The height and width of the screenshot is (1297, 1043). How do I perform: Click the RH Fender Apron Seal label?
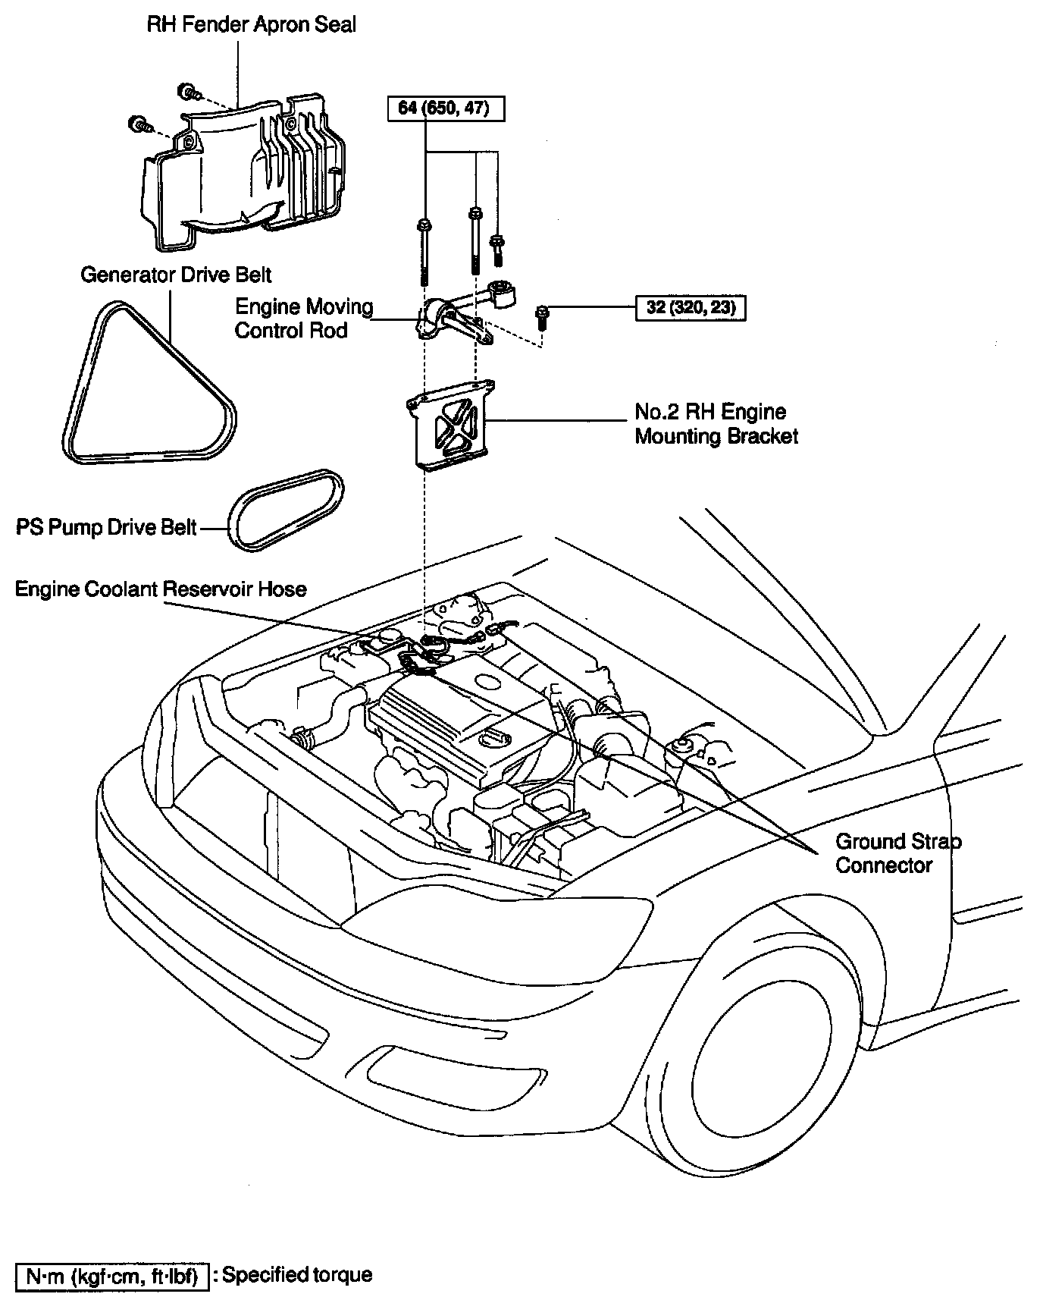pyautogui.click(x=251, y=25)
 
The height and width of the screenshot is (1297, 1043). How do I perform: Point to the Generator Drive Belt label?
pyautogui.click(x=176, y=275)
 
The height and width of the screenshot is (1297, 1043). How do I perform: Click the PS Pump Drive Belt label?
pyautogui.click(x=106, y=527)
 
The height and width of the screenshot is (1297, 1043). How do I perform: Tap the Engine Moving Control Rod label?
pyautogui.click(x=303, y=319)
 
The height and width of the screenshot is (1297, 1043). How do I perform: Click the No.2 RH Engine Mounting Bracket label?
pyautogui.click(x=716, y=424)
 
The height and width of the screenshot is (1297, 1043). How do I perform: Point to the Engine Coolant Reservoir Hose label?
pyautogui.click(x=161, y=589)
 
